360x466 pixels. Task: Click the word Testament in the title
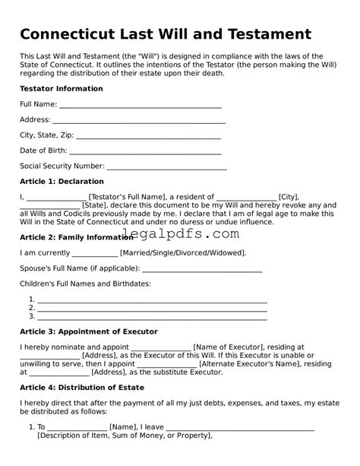tap(262, 35)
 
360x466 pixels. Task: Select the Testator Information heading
tap(61, 89)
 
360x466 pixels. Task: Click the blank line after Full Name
tap(140, 105)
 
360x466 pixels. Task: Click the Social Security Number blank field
tap(166, 166)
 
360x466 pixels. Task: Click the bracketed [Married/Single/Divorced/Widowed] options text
tap(183, 252)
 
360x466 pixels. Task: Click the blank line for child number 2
tap(152, 308)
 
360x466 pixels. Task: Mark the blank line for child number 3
tap(152, 316)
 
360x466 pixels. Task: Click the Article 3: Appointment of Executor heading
tap(88, 331)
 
